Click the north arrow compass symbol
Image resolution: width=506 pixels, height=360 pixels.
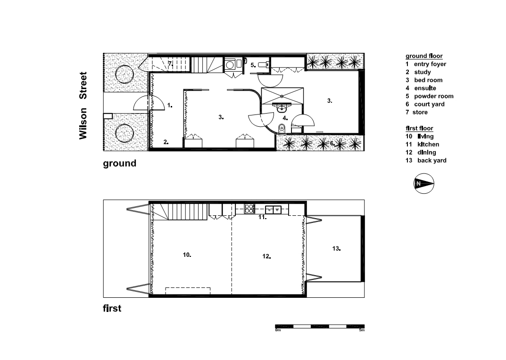[x=424, y=184]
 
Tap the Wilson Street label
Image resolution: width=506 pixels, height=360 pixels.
[x=83, y=106]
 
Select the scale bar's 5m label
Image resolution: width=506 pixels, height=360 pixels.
[x=362, y=330]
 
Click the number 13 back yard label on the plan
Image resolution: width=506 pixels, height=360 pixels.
[x=336, y=248]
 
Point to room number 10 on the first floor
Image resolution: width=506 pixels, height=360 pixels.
[x=187, y=255]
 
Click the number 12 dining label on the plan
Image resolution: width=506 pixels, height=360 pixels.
[x=266, y=256]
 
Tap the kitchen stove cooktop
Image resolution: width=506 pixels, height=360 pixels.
[x=249, y=209]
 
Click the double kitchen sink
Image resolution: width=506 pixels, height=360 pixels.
[x=273, y=210]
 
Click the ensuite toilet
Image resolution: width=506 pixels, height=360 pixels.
[x=282, y=128]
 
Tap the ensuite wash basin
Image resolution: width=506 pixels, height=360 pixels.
[x=282, y=108]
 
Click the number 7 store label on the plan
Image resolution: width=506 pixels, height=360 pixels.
[x=170, y=64]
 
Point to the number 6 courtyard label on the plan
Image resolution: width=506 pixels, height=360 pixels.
[x=332, y=143]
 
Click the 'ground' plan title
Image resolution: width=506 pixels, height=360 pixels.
[x=119, y=163]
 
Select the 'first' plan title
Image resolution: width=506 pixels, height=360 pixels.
[x=112, y=308]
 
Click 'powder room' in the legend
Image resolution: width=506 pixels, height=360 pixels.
[x=434, y=96]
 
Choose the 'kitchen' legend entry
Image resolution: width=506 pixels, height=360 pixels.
[x=428, y=144]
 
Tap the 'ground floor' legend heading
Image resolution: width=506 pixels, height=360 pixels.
[x=424, y=56]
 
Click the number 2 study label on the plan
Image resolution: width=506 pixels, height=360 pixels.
[x=166, y=142]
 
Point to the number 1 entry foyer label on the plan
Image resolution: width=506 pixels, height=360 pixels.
[x=169, y=105]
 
